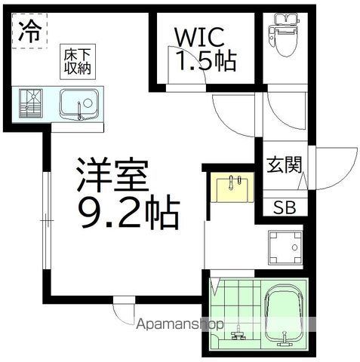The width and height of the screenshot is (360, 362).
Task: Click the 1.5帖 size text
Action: [206, 61]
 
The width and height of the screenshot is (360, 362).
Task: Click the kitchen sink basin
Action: [79, 104]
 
